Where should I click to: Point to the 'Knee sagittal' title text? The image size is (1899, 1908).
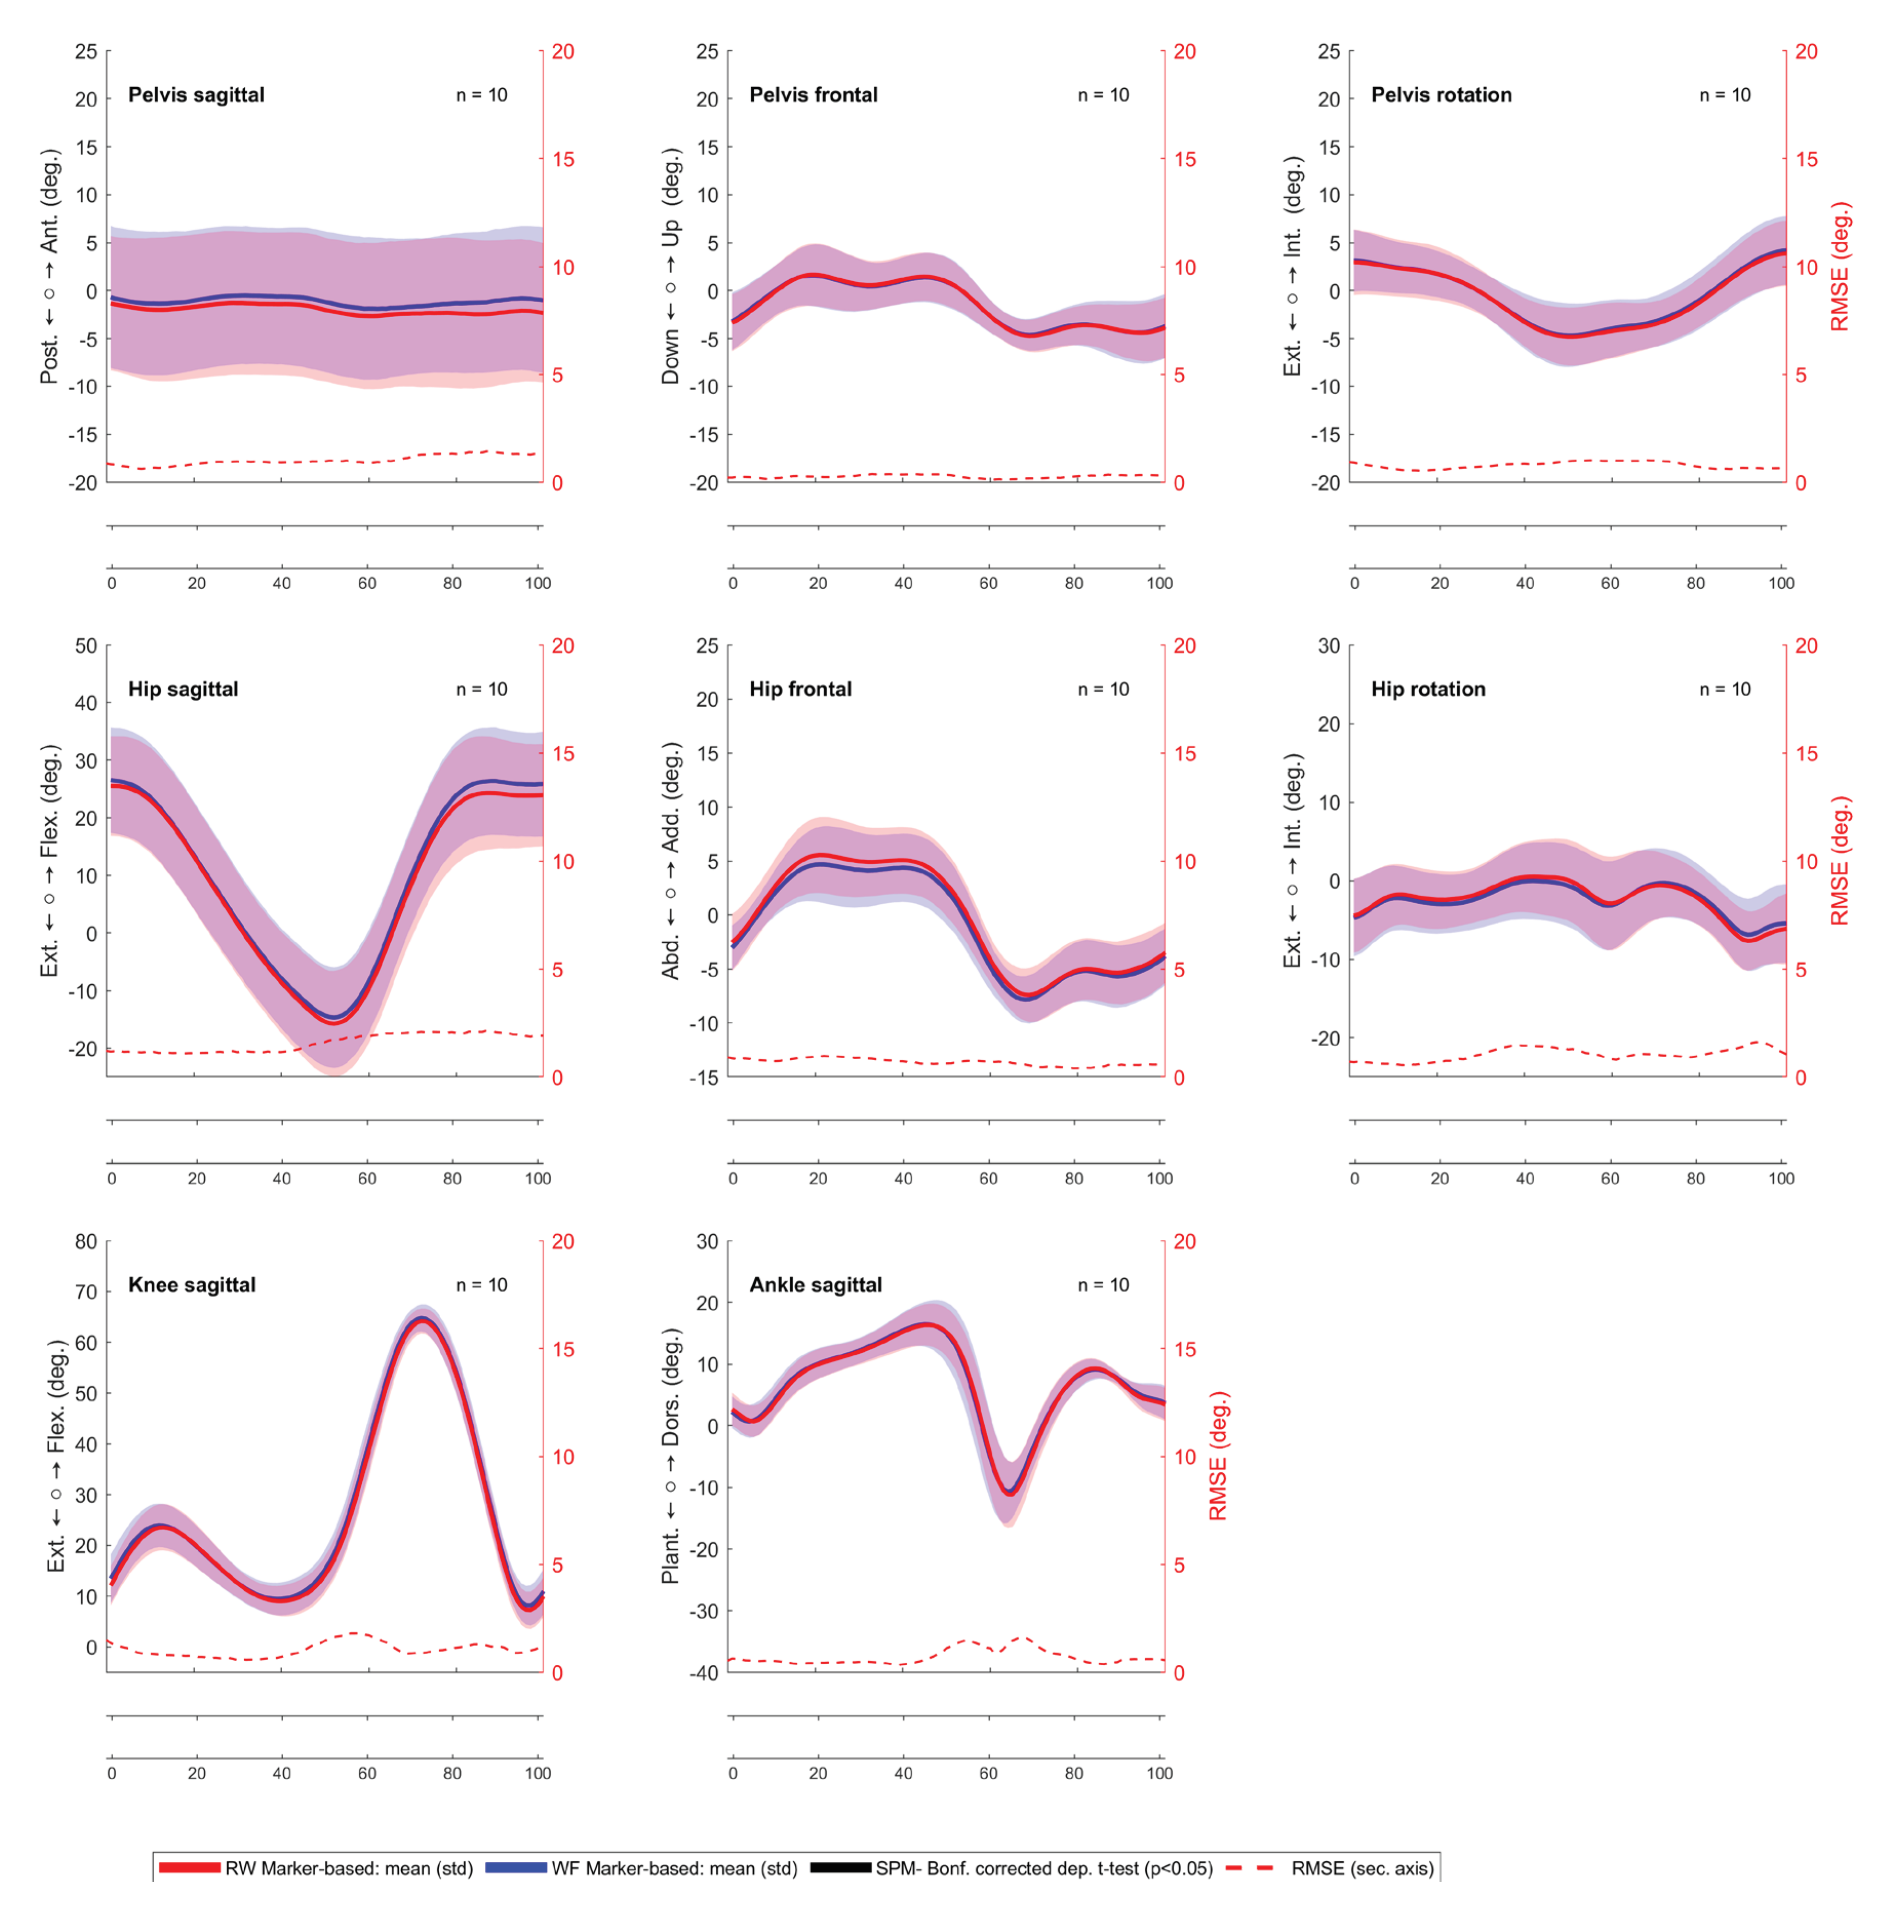(191, 1285)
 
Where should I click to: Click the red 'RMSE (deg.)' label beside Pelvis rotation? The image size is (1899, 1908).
(1839, 267)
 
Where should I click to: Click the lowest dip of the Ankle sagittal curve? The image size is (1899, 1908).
(1008, 1493)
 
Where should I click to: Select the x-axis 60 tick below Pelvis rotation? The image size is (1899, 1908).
(1610, 582)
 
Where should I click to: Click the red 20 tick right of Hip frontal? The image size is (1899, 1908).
(1184, 646)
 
